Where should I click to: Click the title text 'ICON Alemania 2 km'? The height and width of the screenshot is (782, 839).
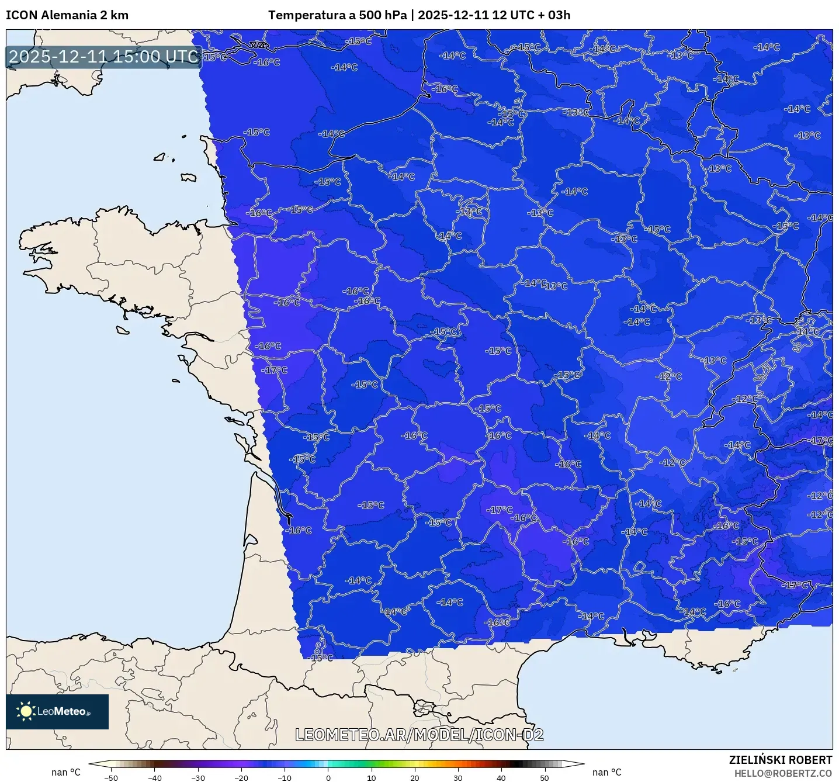pos(67,15)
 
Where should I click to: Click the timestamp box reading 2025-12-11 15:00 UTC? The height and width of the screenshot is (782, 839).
pos(103,57)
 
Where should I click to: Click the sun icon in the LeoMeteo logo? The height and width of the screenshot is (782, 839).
pos(26,711)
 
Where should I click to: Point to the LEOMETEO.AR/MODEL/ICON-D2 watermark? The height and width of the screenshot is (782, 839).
pos(419,735)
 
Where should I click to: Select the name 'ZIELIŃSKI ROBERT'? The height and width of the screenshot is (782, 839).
pos(780,760)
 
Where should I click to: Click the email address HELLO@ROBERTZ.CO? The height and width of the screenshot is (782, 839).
pos(783,773)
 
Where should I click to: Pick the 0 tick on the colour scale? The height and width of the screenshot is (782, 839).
pos(328,777)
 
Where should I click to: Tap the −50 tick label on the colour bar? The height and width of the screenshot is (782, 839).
pos(110,777)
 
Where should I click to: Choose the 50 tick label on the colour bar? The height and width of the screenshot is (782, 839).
pos(545,777)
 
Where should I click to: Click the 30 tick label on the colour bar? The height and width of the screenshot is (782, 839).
pos(457,777)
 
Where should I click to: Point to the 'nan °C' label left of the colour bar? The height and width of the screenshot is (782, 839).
pos(65,772)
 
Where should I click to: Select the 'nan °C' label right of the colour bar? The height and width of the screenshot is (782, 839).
pos(606,772)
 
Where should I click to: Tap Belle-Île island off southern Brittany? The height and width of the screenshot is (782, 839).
pos(122,330)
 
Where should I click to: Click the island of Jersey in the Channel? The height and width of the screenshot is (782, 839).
pos(188,178)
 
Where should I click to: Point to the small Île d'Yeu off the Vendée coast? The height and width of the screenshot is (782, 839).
pos(176,381)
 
